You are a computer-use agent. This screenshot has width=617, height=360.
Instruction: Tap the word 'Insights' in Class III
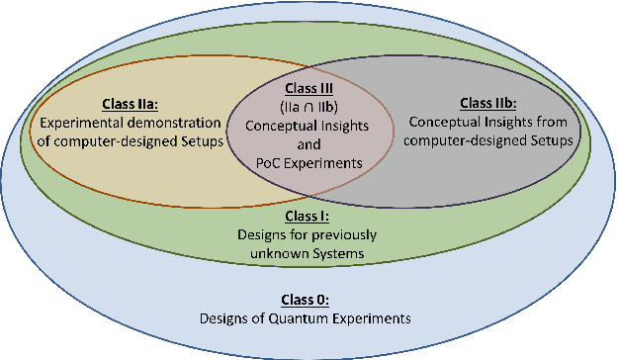click(x=342, y=126)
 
